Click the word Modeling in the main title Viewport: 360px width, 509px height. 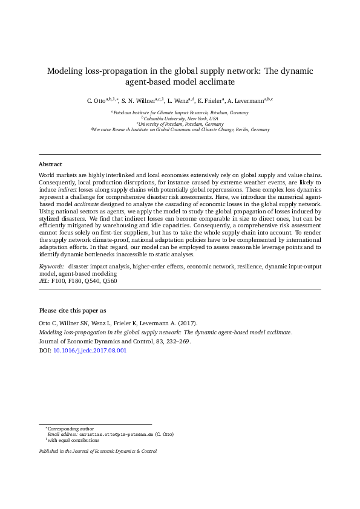pyautogui.click(x=65, y=71)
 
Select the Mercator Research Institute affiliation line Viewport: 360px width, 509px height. pyautogui.click(x=180, y=129)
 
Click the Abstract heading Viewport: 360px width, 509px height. pyautogui.click(x=50, y=164)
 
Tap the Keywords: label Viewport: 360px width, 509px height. pyautogui.click(x=51, y=266)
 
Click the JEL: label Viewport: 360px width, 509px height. pyautogui.click(x=44, y=281)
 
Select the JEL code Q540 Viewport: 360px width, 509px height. pyautogui.click(x=91, y=281)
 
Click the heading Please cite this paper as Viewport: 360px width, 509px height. pyautogui.click(x=72, y=310)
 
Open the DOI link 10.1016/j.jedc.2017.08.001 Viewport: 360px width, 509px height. pyautogui.click(x=90, y=350)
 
